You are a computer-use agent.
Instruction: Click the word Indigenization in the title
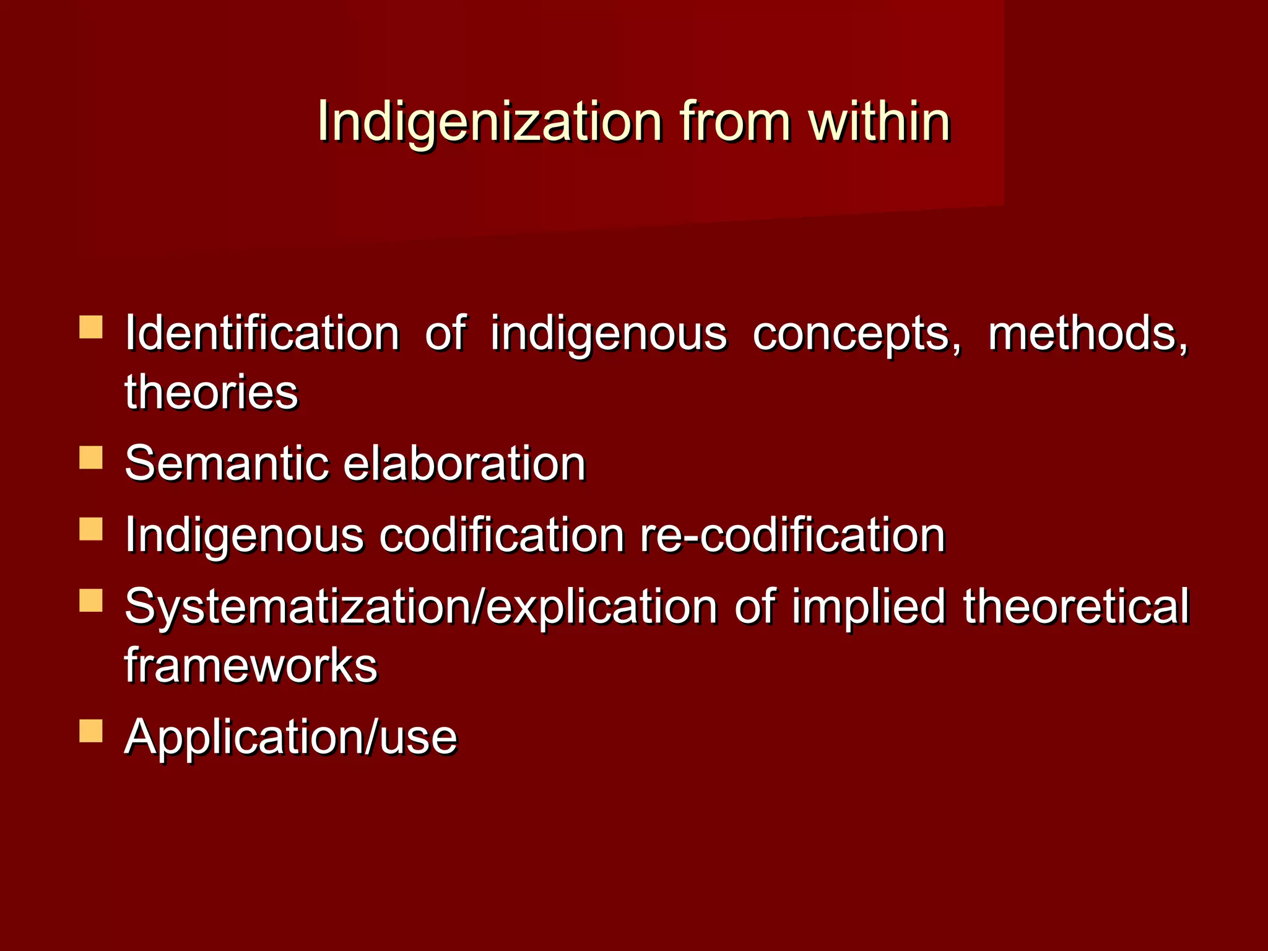pos(490,122)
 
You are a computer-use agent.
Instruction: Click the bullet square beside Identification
pos(91,327)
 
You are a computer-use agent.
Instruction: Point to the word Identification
pos(263,334)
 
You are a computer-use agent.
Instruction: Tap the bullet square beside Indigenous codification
pos(91,529)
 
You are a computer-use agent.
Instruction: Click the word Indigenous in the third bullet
pos(245,535)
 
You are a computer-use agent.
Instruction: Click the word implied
pos(869,606)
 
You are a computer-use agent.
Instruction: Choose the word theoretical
pos(1076,606)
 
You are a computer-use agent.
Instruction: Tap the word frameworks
pos(251,665)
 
